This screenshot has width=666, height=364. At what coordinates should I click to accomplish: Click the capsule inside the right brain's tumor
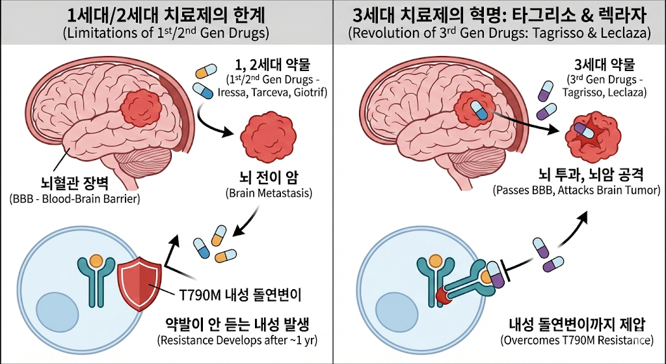coord(479,110)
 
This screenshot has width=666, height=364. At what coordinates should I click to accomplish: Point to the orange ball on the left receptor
coord(96,262)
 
